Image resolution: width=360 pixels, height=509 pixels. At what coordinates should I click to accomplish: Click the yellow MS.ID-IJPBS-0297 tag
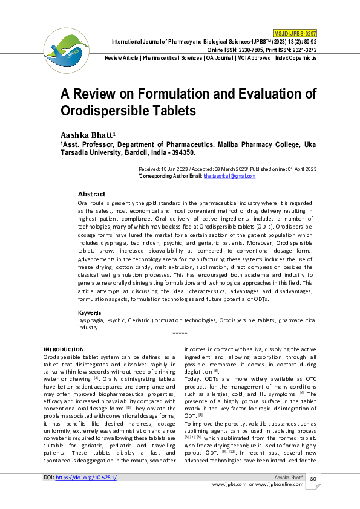[x=295, y=33]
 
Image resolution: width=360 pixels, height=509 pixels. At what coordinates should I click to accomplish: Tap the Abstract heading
[x=92, y=194]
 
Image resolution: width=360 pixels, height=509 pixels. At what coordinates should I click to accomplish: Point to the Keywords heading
[x=90, y=313]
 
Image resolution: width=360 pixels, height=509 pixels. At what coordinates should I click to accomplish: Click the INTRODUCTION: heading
[x=65, y=349]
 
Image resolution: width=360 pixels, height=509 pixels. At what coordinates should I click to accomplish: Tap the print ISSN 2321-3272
[x=301, y=49]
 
